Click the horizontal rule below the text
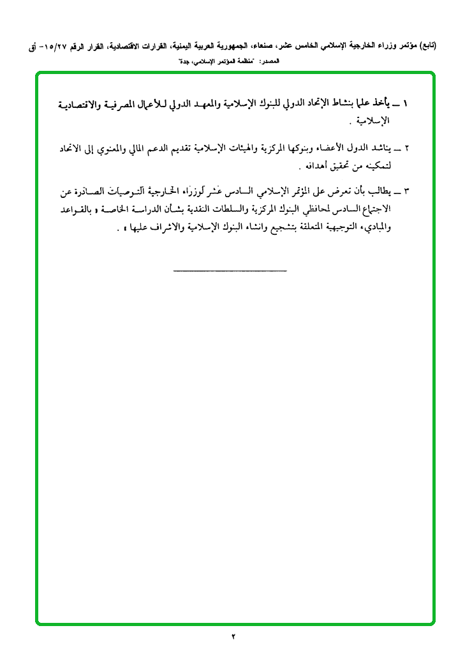tap(230, 272)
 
